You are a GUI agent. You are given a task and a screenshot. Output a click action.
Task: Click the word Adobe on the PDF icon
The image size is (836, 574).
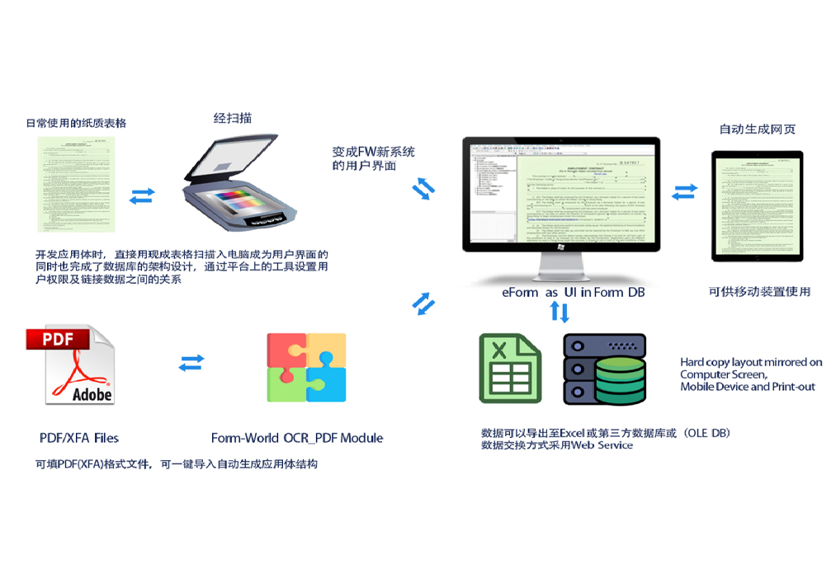point(92,394)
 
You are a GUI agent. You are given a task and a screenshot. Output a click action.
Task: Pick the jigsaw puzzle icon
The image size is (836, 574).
point(306,369)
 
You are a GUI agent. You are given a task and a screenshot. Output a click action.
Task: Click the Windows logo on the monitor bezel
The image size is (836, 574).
point(560,247)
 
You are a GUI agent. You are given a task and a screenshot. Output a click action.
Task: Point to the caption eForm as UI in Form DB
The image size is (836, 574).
point(573,292)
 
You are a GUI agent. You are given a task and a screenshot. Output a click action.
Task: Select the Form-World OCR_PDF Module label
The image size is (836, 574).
point(297,438)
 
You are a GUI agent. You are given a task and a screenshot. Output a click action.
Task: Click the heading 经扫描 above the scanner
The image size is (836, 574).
point(233,119)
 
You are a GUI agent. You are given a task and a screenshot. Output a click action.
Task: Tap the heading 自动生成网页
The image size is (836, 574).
point(757,129)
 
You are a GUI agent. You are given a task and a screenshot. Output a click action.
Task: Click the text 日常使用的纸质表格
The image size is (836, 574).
point(76,123)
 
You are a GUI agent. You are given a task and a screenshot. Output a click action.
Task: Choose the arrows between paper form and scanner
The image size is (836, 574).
point(142,195)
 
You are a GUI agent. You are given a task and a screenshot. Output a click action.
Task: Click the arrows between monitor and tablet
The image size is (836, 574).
point(684,192)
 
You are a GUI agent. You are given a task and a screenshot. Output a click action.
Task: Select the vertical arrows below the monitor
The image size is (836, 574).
point(560,312)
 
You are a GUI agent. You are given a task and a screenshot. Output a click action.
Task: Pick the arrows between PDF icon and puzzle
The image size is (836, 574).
point(191,362)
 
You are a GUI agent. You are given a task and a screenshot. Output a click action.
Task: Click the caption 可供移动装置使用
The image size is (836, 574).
point(759,291)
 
